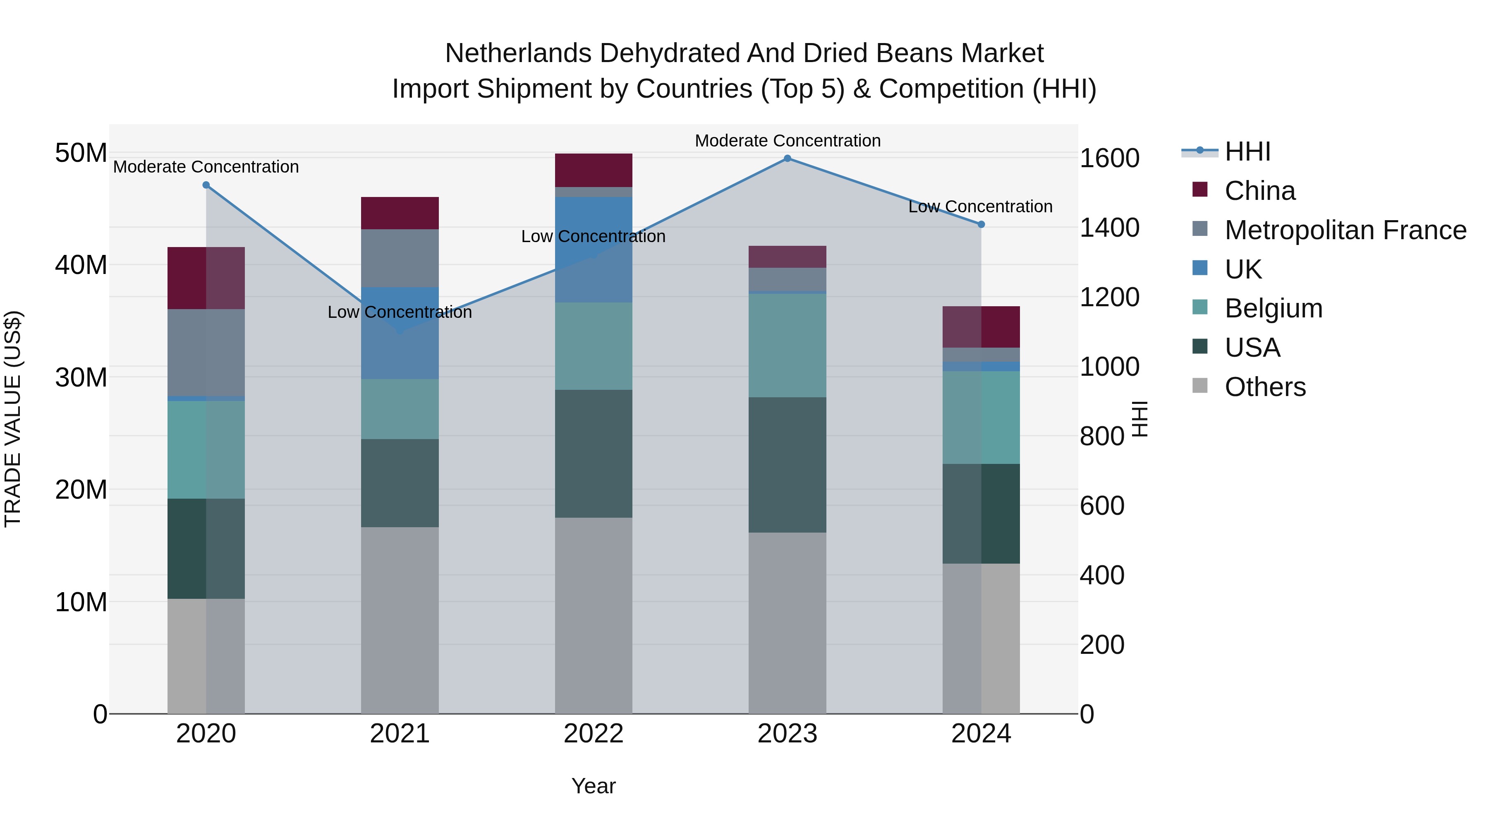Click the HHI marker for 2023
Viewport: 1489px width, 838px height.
pyautogui.click(x=787, y=158)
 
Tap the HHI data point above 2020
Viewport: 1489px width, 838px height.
pyautogui.click(x=206, y=185)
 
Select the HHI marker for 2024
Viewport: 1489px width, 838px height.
pyautogui.click(x=981, y=224)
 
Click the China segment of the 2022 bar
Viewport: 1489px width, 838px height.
pyautogui.click(x=594, y=170)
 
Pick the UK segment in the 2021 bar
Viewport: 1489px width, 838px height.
pyautogui.click(x=400, y=333)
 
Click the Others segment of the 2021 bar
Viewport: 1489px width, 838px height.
pyautogui.click(x=400, y=620)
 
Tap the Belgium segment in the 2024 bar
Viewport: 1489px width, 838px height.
pyautogui.click(x=981, y=417)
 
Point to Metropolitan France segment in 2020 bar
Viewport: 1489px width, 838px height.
pyautogui.click(x=206, y=352)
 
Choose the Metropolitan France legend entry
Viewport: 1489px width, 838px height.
pyautogui.click(x=1345, y=230)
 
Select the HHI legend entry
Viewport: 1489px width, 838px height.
pyautogui.click(x=1247, y=151)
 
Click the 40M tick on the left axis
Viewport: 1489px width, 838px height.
pyautogui.click(x=81, y=265)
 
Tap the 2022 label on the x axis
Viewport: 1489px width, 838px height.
pyautogui.click(x=594, y=734)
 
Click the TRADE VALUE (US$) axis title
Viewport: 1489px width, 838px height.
pyautogui.click(x=13, y=419)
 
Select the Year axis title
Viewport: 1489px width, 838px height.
pyautogui.click(x=594, y=786)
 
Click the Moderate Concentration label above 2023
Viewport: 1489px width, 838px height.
pyautogui.click(x=787, y=141)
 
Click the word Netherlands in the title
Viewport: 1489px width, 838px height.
pyautogui.click(x=518, y=53)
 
